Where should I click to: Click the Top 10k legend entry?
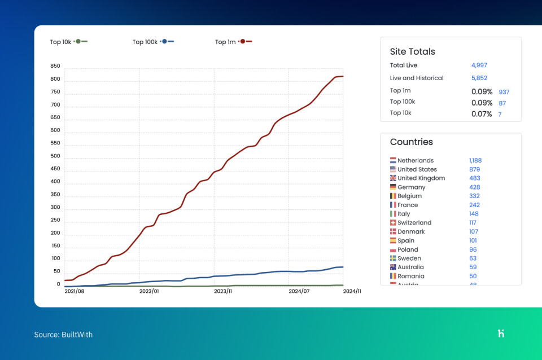tap(68, 42)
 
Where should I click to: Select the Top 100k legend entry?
tap(152, 42)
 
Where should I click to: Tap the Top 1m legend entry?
tap(233, 42)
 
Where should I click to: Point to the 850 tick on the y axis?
tap(55, 66)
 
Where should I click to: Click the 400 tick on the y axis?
tap(55, 182)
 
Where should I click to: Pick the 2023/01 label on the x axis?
tap(149, 291)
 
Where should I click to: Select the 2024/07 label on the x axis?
tap(299, 291)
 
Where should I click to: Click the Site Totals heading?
tap(412, 51)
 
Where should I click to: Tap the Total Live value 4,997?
tap(479, 65)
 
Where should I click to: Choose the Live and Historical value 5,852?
tap(479, 78)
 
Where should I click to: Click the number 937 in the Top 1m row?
tap(504, 91)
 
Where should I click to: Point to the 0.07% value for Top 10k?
tap(482, 114)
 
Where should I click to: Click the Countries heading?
tap(411, 142)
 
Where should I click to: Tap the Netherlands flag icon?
tap(393, 160)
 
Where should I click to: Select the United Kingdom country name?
tap(421, 178)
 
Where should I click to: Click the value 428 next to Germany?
tap(474, 187)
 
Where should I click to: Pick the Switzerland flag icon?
tap(393, 223)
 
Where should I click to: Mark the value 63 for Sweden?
tap(473, 258)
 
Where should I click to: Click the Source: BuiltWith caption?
tap(63, 335)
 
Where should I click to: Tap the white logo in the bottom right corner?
tap(501, 333)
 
